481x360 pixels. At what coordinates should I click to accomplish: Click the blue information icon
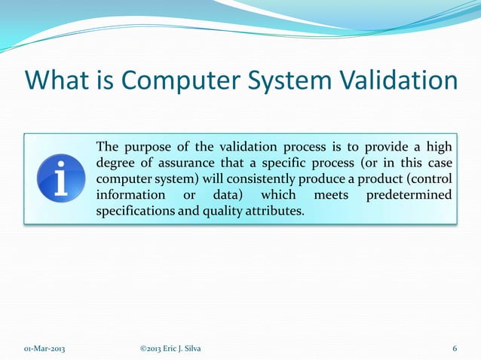(x=60, y=178)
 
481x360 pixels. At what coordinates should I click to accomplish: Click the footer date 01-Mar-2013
(x=44, y=348)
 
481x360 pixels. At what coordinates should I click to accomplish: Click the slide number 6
(x=455, y=348)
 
